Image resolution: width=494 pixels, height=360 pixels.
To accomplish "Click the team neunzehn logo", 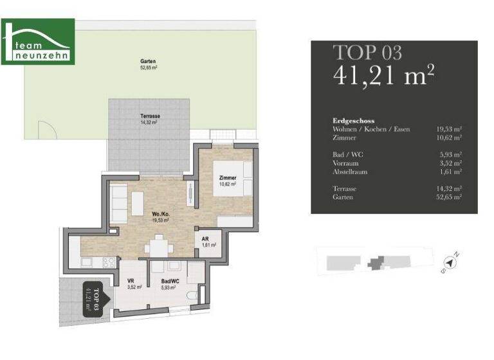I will pos(38,42).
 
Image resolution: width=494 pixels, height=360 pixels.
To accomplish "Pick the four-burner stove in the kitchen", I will pos(109,262).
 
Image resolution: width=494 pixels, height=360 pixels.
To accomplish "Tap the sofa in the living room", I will pos(118,204).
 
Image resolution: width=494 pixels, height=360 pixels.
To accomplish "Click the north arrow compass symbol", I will pos(453,262).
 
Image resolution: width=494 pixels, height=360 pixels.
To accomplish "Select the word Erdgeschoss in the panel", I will pos(353,121).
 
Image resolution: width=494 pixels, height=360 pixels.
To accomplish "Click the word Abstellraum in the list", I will pos(351,172).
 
